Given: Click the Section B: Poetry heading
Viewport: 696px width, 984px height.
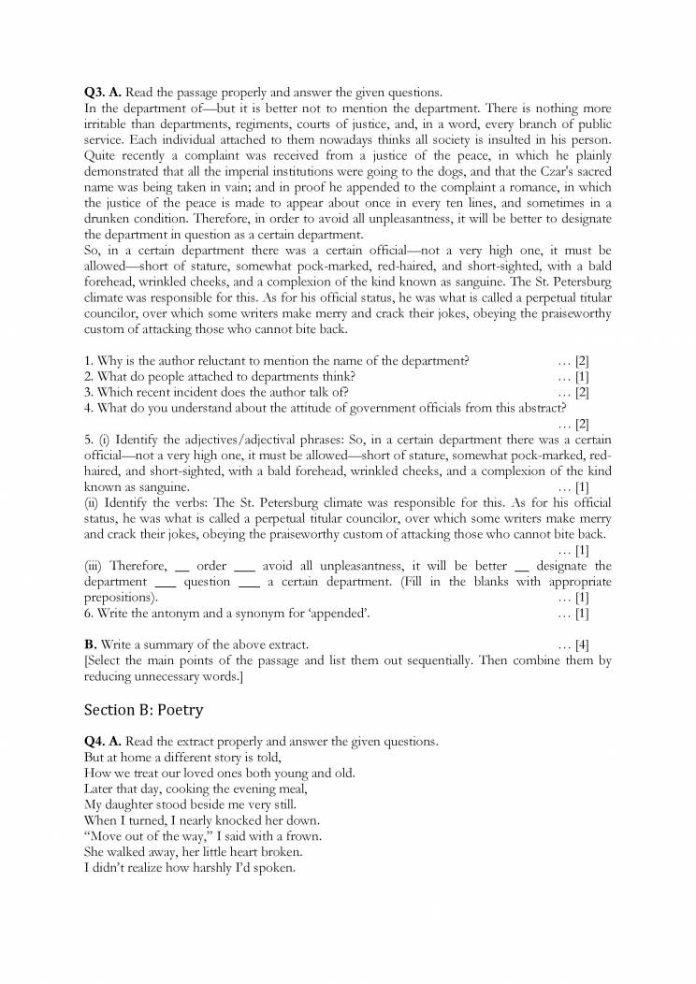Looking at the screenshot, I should [143, 710].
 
